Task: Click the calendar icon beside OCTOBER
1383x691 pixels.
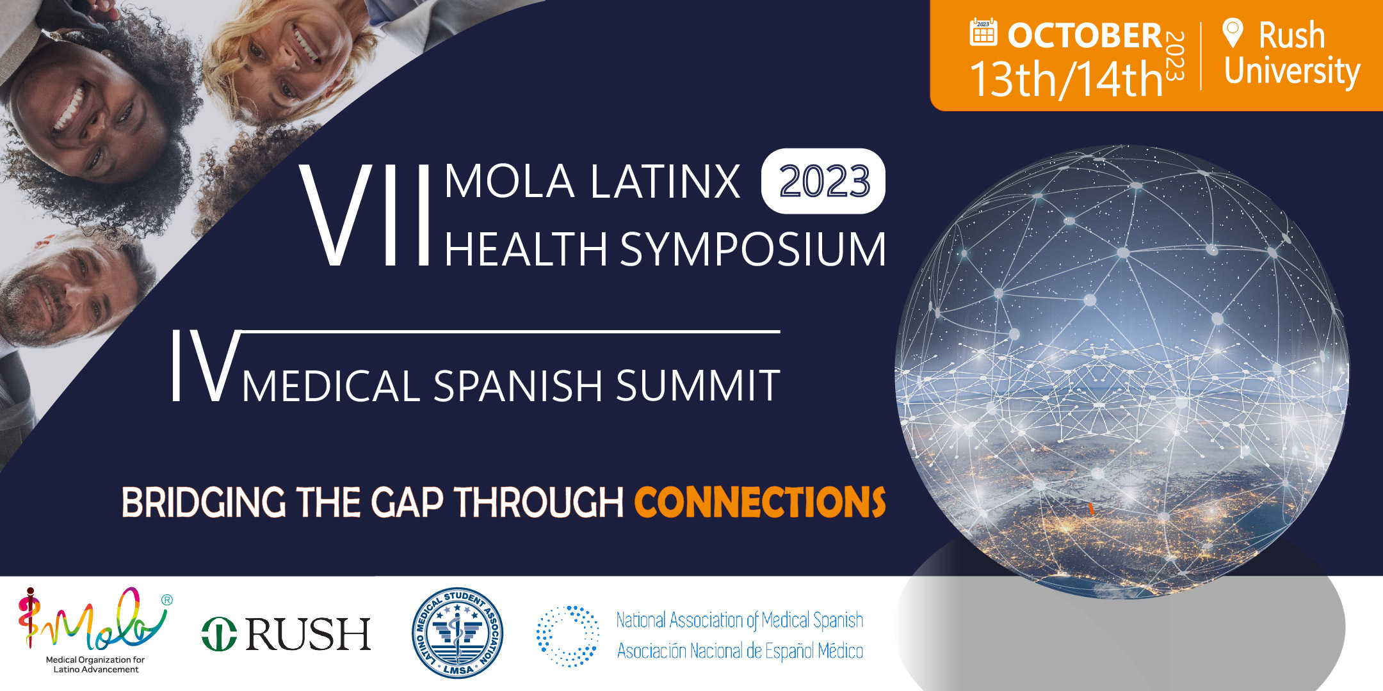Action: [x=983, y=32]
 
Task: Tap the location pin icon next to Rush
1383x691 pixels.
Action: [x=1233, y=33]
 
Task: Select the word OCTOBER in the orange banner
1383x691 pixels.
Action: [x=1085, y=36]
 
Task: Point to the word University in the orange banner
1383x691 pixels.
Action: [x=1292, y=71]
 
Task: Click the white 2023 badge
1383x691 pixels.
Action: [x=823, y=181]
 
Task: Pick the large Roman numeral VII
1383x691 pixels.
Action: [x=365, y=215]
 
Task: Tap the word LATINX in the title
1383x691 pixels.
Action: [x=665, y=182]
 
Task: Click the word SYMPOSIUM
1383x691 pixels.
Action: [x=753, y=249]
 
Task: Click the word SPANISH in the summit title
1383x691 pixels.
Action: [x=518, y=386]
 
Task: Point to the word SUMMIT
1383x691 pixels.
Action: [x=698, y=386]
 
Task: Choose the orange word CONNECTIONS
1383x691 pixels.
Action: [x=760, y=502]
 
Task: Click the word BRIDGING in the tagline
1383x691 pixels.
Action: [x=204, y=502]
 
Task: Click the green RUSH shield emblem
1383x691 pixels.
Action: [x=219, y=634]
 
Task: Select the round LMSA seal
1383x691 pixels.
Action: [x=457, y=633]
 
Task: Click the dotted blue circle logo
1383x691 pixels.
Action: [x=567, y=636]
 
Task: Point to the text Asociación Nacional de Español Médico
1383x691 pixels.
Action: [x=740, y=651]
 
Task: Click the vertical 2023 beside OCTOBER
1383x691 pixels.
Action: [x=1174, y=56]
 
